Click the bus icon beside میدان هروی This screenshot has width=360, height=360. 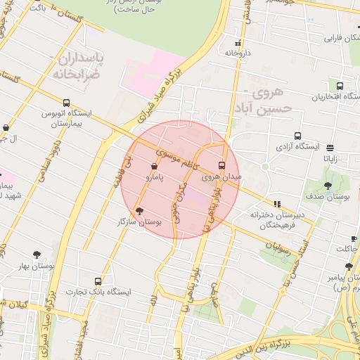point(222,165)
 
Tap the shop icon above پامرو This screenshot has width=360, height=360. point(154,166)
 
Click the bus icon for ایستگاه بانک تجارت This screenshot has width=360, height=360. point(98,280)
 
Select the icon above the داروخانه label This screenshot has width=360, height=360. point(237,42)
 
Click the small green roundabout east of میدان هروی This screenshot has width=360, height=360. point(265,167)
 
